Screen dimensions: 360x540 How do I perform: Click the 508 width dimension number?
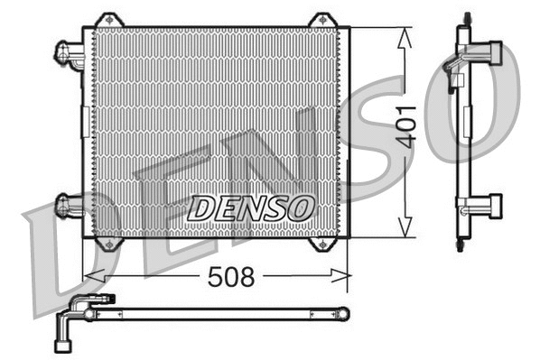(x=231, y=277)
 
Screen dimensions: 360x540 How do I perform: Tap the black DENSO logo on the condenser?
(x=249, y=208)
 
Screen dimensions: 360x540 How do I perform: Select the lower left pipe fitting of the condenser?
(x=70, y=206)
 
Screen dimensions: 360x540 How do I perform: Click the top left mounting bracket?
(x=108, y=20)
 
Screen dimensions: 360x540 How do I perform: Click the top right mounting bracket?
(x=321, y=20)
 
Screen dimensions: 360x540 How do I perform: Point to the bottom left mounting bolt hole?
(x=108, y=244)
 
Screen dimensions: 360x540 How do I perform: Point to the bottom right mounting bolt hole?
(x=322, y=244)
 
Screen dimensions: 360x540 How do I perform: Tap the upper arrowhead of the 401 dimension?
(x=404, y=36)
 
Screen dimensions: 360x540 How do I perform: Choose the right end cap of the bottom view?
(x=342, y=313)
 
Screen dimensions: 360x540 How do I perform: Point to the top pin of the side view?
(x=466, y=18)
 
